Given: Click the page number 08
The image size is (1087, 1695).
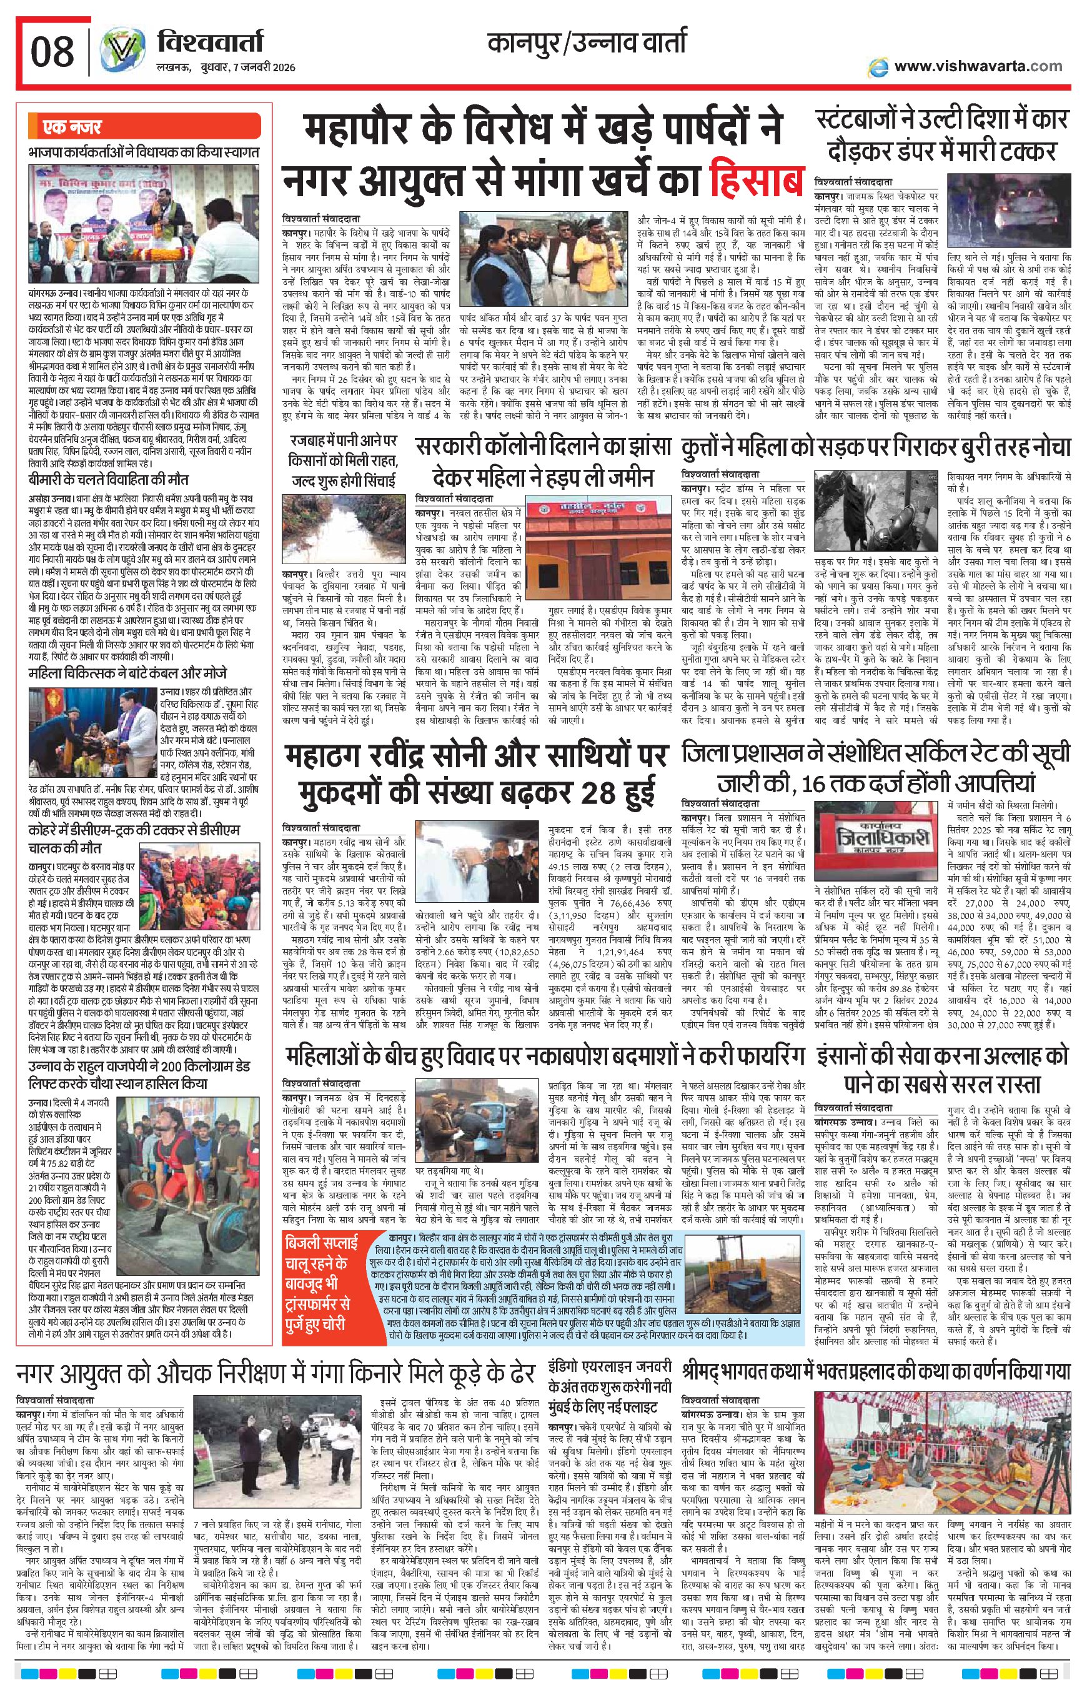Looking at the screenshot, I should coord(51,51).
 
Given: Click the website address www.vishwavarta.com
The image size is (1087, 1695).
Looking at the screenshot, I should coord(978,66).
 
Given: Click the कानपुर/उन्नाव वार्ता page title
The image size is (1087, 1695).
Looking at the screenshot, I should coord(587,44).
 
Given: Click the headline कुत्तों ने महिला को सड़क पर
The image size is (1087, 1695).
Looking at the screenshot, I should coord(876,447).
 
